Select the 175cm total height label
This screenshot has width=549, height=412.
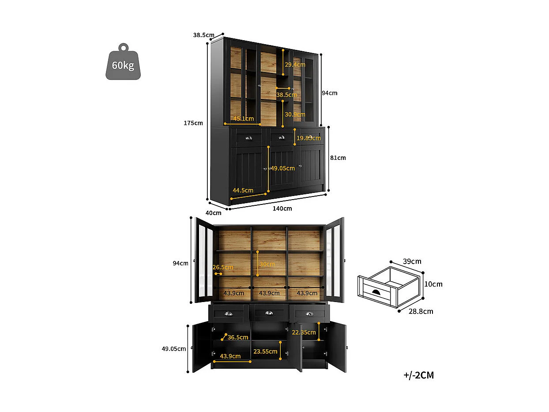coord(193,123)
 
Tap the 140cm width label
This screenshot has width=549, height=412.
coord(282,208)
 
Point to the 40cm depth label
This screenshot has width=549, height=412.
coord(214,213)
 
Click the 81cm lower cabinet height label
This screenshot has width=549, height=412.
coord(338,158)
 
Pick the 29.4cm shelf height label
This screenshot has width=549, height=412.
coord(294,64)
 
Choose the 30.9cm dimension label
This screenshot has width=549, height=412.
coord(294,114)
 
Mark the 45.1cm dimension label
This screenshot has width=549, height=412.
coord(243,118)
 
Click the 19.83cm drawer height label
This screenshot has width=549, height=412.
coord(308,138)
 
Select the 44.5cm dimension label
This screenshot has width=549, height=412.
coord(243,190)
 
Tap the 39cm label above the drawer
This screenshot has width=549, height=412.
coord(413,261)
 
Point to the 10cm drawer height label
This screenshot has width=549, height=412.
coord(434,284)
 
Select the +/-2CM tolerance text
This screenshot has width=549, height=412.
coord(418,375)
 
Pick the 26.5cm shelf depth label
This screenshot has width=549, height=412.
coord(222,267)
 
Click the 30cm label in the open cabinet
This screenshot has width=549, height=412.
coord(267,264)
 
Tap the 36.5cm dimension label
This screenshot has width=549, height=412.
coord(238,337)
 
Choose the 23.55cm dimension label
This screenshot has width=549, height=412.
coord(265,352)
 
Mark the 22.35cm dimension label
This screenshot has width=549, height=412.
coord(304,332)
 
